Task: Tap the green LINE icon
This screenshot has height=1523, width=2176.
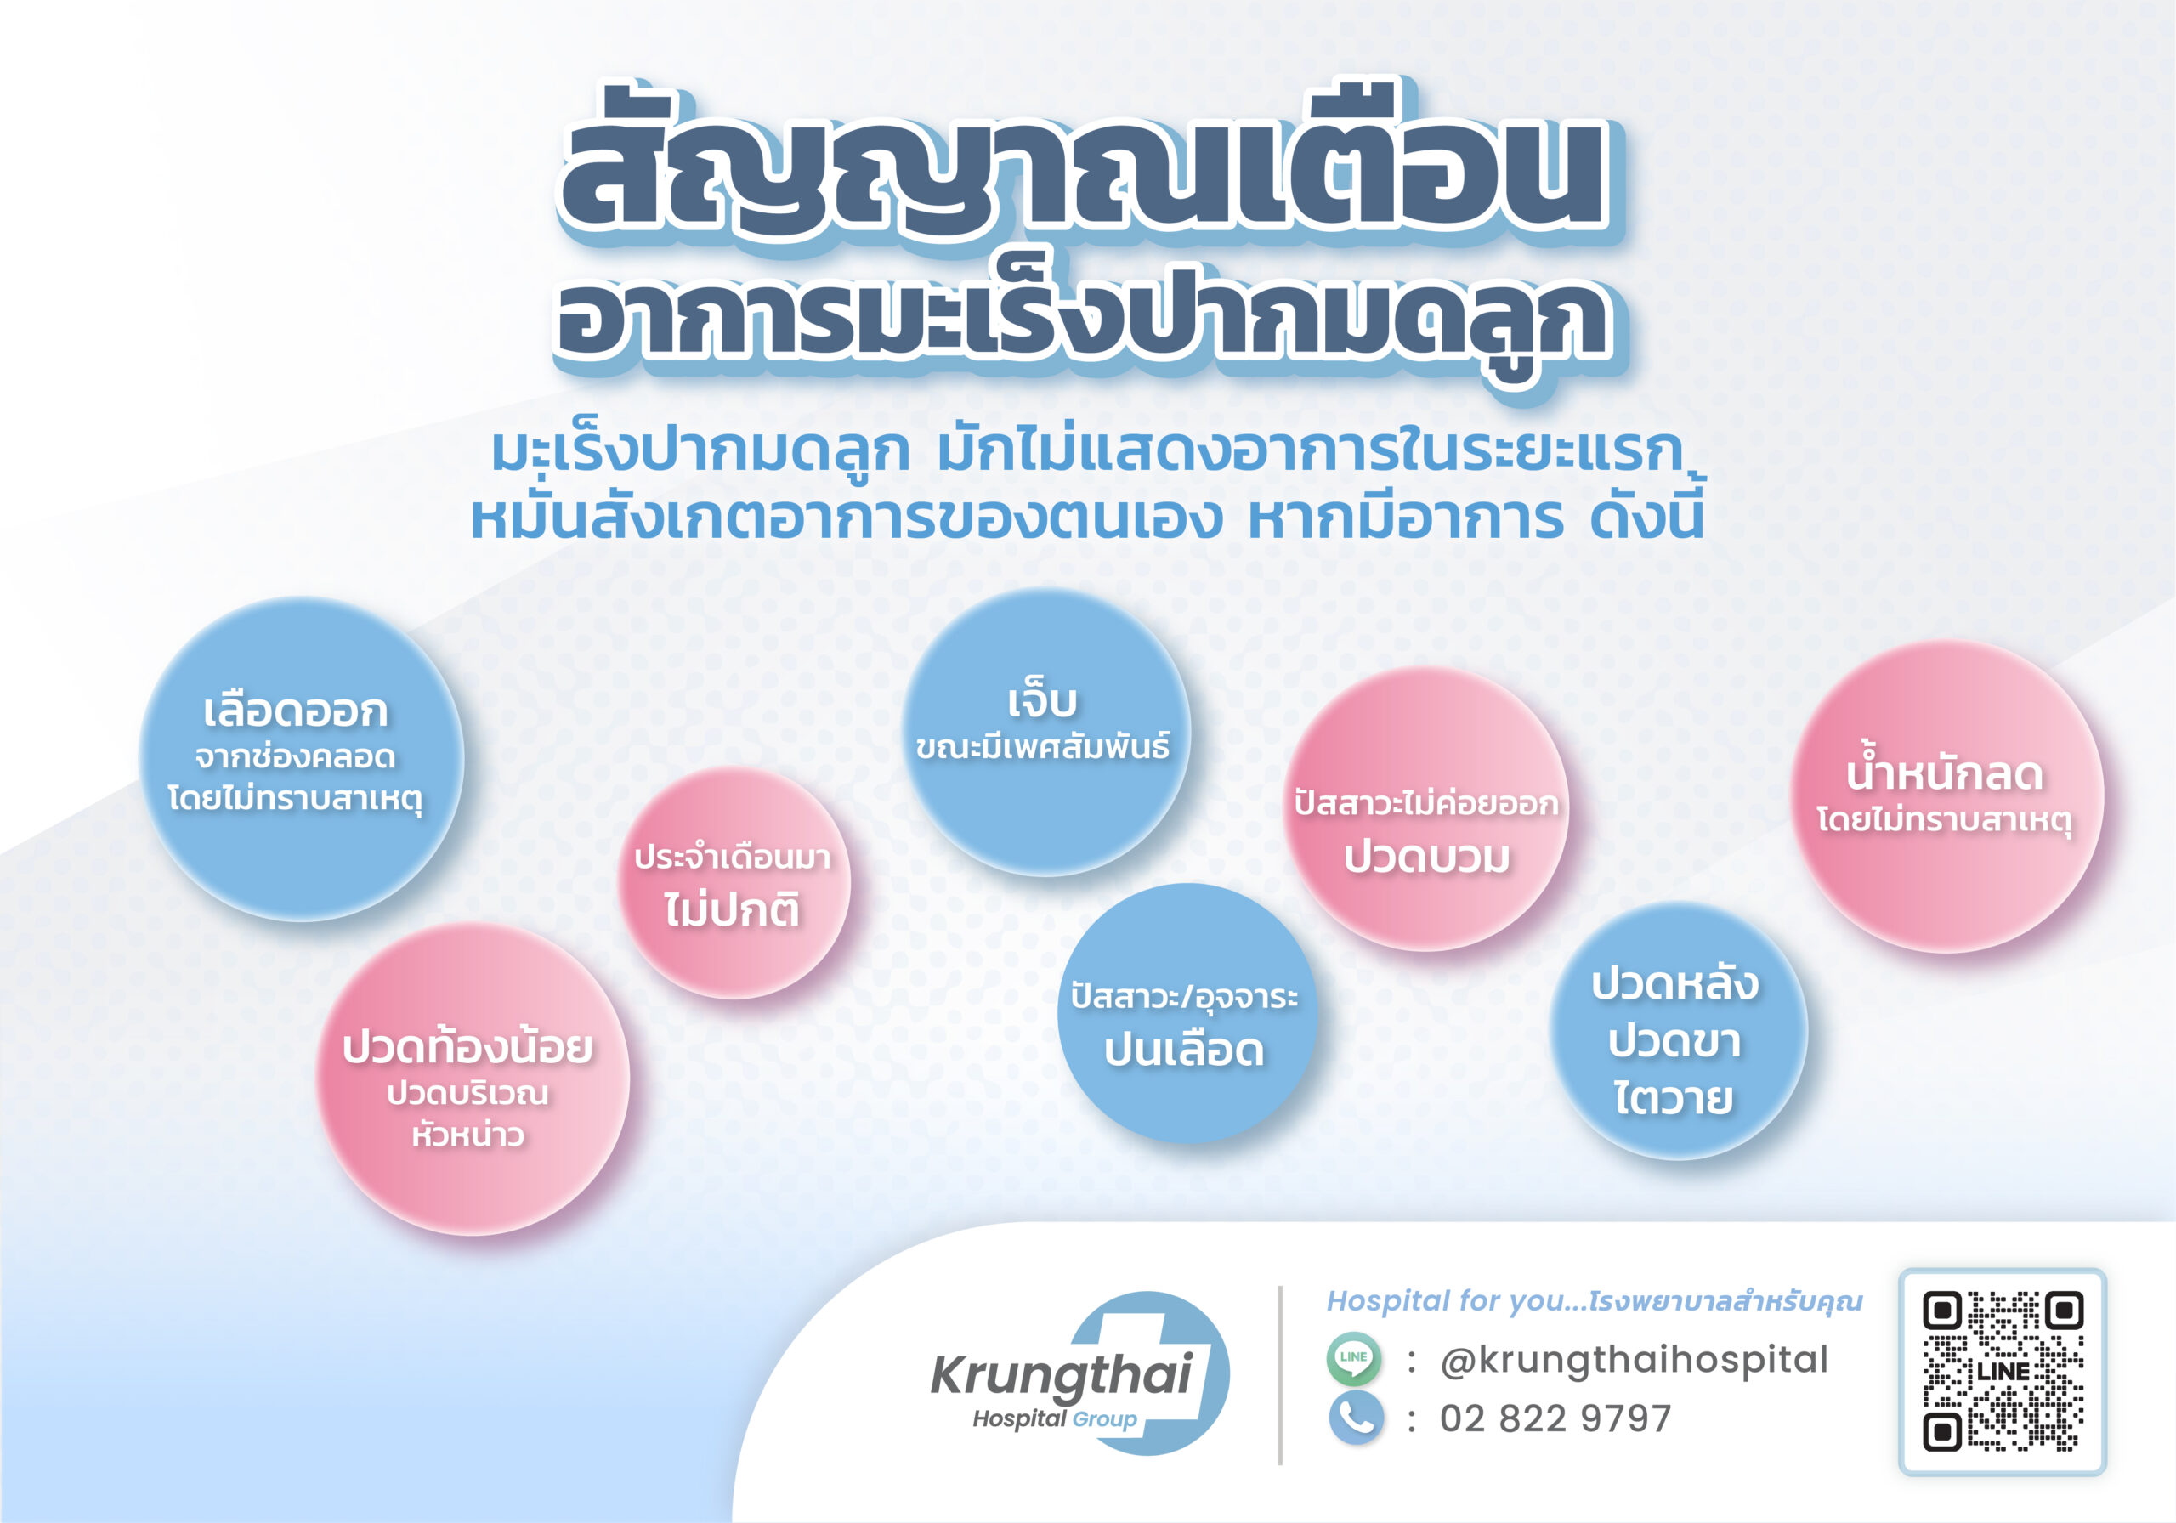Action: (x=1353, y=1358)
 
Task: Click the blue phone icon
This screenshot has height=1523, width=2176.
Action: (x=1357, y=1418)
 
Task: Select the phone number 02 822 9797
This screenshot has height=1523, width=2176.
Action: (x=1556, y=1418)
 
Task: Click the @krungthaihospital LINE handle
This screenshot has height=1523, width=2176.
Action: (x=1634, y=1360)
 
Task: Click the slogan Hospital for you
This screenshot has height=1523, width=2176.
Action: (x=1454, y=1301)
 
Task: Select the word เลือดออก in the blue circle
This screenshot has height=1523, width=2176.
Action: (x=296, y=711)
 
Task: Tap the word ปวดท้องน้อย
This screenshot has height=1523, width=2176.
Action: (x=468, y=1046)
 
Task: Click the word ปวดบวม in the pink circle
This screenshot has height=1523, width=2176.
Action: (x=1427, y=857)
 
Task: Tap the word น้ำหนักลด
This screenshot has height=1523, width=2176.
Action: (x=1945, y=772)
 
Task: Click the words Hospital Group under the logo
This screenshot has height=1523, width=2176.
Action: (x=1055, y=1418)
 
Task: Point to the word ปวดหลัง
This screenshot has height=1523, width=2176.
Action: (x=1675, y=982)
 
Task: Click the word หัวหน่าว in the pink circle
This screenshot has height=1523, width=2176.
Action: (x=468, y=1134)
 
